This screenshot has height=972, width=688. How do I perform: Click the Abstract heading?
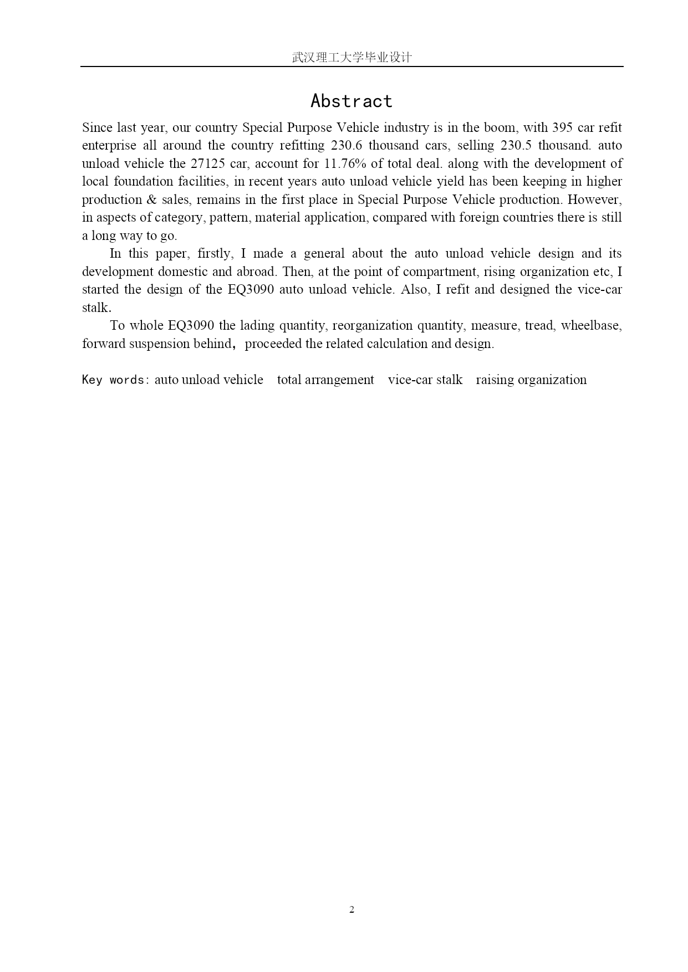tap(351, 101)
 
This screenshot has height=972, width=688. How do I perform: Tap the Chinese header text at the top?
tap(351, 58)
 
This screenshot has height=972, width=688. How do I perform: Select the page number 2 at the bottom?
tap(351, 909)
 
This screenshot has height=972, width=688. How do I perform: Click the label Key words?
tap(113, 380)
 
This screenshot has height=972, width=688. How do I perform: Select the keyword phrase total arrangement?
tap(325, 380)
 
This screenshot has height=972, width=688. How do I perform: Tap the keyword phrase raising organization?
tap(531, 380)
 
